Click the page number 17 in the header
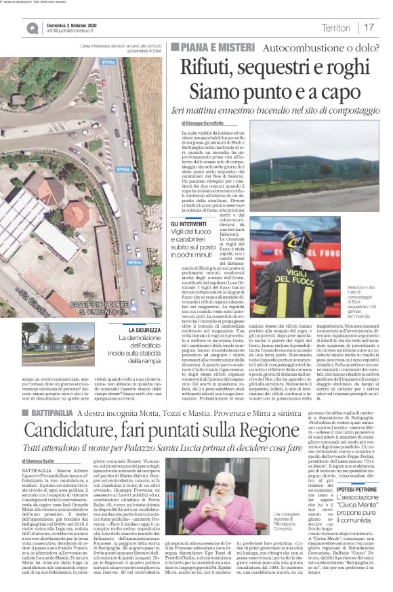[369, 27]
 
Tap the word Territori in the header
[336, 27]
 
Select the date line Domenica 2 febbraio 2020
[74, 23]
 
